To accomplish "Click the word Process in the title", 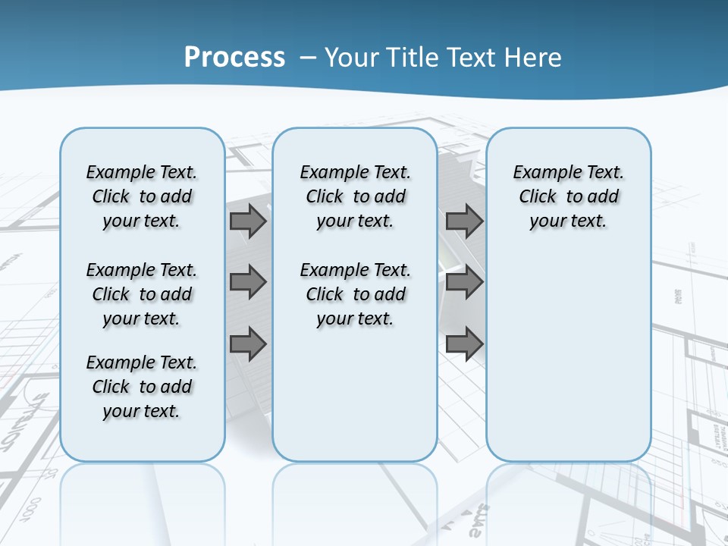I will [234, 57].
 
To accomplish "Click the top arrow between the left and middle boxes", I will [248, 221].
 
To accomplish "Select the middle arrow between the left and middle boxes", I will [248, 283].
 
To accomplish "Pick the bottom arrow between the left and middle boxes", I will [248, 344].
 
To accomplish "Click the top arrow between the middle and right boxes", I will [464, 221].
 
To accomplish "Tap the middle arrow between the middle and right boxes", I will [464, 283].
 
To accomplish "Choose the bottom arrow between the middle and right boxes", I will [464, 344].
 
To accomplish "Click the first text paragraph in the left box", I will [142, 196].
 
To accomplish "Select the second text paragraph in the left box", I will [142, 294].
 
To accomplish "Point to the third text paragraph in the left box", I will [142, 387].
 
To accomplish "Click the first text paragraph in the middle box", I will [355, 196].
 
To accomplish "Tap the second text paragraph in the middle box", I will [355, 294].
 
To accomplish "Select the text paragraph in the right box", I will [569, 196].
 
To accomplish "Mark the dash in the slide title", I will [308, 58].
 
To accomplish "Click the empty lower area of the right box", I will [569, 364].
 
